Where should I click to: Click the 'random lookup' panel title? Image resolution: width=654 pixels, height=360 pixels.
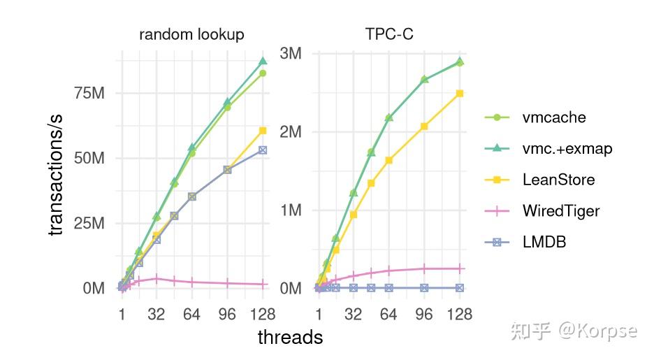[x=191, y=34]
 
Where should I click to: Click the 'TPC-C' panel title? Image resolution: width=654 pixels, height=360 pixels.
[x=388, y=34]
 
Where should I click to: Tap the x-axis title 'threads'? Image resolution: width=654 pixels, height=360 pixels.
[x=290, y=338]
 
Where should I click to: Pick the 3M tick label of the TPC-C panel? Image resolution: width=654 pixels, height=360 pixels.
[x=290, y=54]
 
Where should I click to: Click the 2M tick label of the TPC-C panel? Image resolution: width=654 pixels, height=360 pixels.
[x=290, y=132]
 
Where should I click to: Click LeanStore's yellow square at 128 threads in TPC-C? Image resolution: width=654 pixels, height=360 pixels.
[x=460, y=93]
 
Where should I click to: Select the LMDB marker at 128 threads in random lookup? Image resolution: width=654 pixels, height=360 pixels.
[x=263, y=150]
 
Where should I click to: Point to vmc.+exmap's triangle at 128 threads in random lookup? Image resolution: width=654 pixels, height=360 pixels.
[x=263, y=61]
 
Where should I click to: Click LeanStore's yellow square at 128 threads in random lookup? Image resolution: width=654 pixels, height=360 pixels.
[x=263, y=130]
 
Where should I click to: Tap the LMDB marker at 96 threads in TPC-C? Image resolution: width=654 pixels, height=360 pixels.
[x=424, y=288]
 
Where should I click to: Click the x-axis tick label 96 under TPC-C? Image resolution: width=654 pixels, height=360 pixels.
[x=424, y=315]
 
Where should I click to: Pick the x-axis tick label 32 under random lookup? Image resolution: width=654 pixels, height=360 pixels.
[x=157, y=315]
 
